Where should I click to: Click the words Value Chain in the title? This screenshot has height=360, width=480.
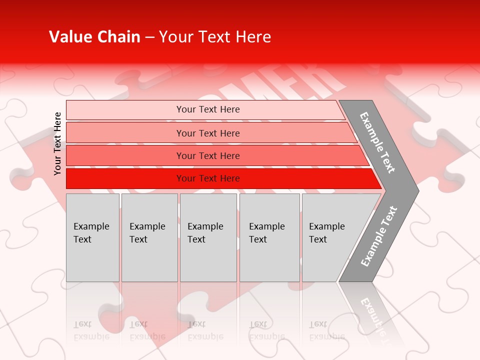(94, 37)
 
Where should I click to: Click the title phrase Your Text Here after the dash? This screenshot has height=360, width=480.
(215, 37)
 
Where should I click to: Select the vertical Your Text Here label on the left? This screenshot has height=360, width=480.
(57, 143)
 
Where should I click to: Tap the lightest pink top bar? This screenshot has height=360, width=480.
(125, 110)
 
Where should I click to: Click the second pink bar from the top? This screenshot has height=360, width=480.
(125, 133)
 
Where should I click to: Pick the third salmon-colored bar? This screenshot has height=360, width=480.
(125, 155)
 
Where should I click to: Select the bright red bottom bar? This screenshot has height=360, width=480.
(125, 178)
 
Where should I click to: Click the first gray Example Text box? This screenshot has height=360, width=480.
(92, 260)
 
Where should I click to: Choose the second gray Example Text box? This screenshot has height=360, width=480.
(149, 260)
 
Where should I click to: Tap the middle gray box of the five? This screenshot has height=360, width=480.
(208, 260)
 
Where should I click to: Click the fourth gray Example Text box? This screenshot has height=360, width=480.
(269, 260)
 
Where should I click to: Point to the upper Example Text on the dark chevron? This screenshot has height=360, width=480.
(378, 142)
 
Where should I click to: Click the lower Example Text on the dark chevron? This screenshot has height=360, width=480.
(379, 236)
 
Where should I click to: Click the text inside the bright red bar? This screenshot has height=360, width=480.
(208, 178)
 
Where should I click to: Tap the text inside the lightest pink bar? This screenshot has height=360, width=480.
(208, 109)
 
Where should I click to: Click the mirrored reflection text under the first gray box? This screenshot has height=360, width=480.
(91, 330)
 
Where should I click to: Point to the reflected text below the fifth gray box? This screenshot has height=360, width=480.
(326, 330)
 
